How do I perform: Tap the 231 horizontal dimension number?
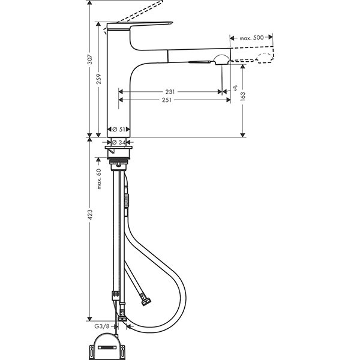coord(170,92)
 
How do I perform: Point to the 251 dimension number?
coord(170,100)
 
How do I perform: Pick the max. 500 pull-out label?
coord(252,38)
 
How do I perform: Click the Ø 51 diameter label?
coord(119,129)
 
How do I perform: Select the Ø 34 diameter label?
coord(120,142)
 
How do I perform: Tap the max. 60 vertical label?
coord(98,178)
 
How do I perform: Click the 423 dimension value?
coord(89,218)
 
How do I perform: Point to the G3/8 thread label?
coord(101,326)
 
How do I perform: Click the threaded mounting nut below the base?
coord(120,158)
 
